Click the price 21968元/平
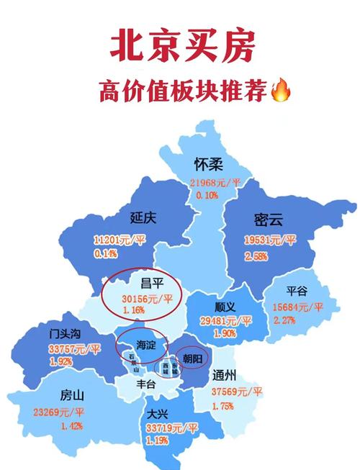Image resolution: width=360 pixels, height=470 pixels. click(x=214, y=183)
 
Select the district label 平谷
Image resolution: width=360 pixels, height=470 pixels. click(x=297, y=291)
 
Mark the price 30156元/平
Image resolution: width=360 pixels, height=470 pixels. click(x=148, y=298)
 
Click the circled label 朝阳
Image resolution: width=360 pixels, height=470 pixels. click(x=191, y=357)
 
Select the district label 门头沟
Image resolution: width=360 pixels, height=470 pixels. click(x=64, y=334)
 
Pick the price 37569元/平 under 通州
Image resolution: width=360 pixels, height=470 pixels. click(x=238, y=392)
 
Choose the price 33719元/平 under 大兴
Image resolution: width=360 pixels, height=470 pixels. click(x=171, y=428)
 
